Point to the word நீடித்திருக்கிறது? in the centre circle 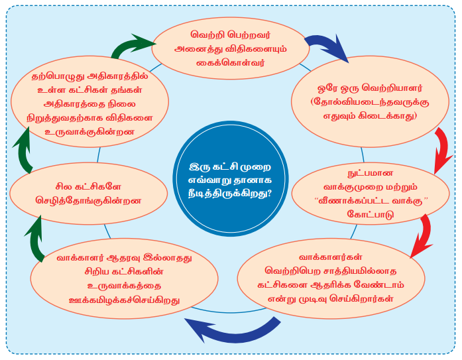[231, 192]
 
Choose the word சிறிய [80, 272]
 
